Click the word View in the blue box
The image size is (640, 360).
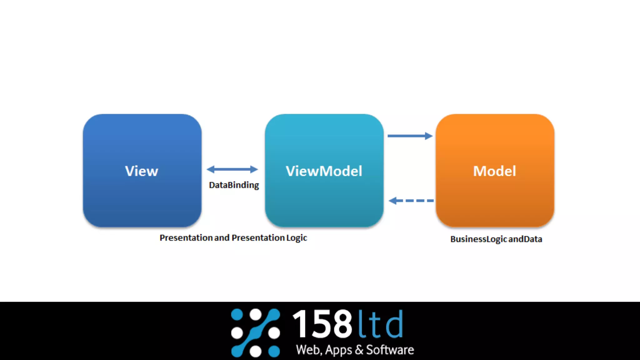(142, 171)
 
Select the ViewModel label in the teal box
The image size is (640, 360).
(324, 171)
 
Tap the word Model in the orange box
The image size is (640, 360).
(495, 171)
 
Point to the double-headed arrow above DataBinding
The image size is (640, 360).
(232, 169)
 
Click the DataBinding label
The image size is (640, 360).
(234, 185)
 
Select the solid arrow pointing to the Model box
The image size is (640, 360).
(410, 136)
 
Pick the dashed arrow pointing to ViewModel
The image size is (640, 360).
(411, 201)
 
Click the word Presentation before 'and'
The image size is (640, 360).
(186, 238)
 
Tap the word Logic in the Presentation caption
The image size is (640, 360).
(297, 238)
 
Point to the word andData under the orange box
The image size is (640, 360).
(525, 239)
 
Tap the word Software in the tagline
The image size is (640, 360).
(390, 350)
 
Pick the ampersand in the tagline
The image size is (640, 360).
(359, 350)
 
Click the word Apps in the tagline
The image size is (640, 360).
(339, 350)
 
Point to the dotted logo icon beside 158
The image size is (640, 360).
(255, 332)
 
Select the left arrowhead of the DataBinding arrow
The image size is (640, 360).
(211, 169)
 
